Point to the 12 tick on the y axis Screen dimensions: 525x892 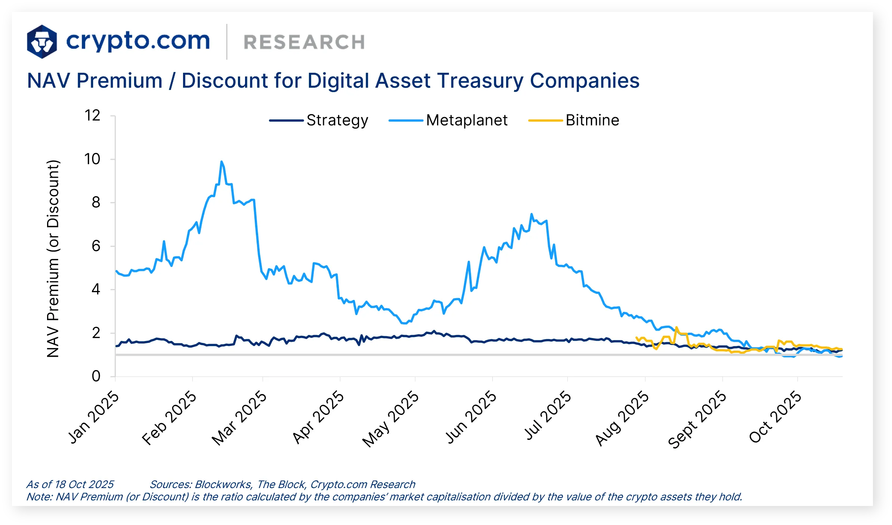click(92, 115)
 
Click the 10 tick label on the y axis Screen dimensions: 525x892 click(92, 159)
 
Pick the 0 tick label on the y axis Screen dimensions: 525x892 click(96, 376)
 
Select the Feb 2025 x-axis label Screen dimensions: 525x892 click(169, 418)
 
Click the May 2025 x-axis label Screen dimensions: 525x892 click(391, 418)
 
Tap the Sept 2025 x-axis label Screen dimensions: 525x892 click(697, 419)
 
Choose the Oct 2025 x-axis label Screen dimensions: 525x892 click(775, 417)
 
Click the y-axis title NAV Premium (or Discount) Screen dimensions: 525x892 click(53, 258)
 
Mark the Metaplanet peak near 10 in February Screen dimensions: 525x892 click(222, 162)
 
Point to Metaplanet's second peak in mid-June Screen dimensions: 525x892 click(531, 215)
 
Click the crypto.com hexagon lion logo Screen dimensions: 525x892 click(42, 41)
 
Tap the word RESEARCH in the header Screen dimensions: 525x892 click(304, 42)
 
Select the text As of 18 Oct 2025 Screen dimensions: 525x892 click(70, 484)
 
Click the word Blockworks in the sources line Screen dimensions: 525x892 click(223, 484)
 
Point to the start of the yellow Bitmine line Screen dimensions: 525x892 click(636, 337)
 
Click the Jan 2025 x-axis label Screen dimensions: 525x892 click(93, 417)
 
